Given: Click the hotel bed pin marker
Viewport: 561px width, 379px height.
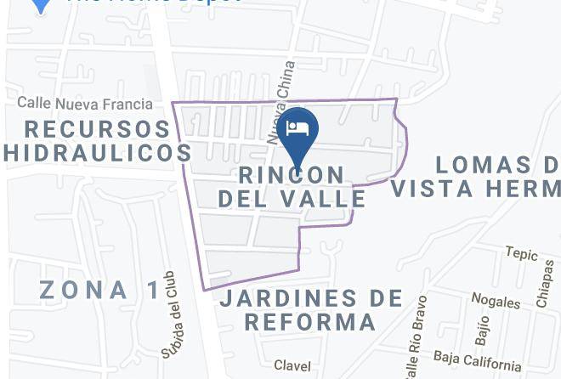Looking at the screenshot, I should (297, 129).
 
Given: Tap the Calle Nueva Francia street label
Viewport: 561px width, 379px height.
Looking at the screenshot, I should (85, 104).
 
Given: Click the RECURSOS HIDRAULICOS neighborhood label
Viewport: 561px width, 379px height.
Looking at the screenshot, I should (97, 140).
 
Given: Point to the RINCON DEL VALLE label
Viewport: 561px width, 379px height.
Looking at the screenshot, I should (292, 186).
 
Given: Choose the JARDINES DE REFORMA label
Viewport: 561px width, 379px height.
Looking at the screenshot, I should (310, 310).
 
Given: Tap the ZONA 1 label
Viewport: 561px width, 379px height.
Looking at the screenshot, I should (99, 290).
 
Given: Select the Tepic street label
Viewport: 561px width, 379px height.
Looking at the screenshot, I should (522, 252).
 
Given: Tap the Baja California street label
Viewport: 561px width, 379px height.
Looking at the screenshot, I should (477, 360).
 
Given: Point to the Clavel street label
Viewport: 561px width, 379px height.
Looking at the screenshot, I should (292, 365).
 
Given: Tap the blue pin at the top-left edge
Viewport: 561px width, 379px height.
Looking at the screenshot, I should (40, 4).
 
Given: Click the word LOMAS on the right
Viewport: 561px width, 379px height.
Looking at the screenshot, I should (489, 164).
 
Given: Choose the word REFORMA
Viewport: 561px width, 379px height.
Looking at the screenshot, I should (310, 323).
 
